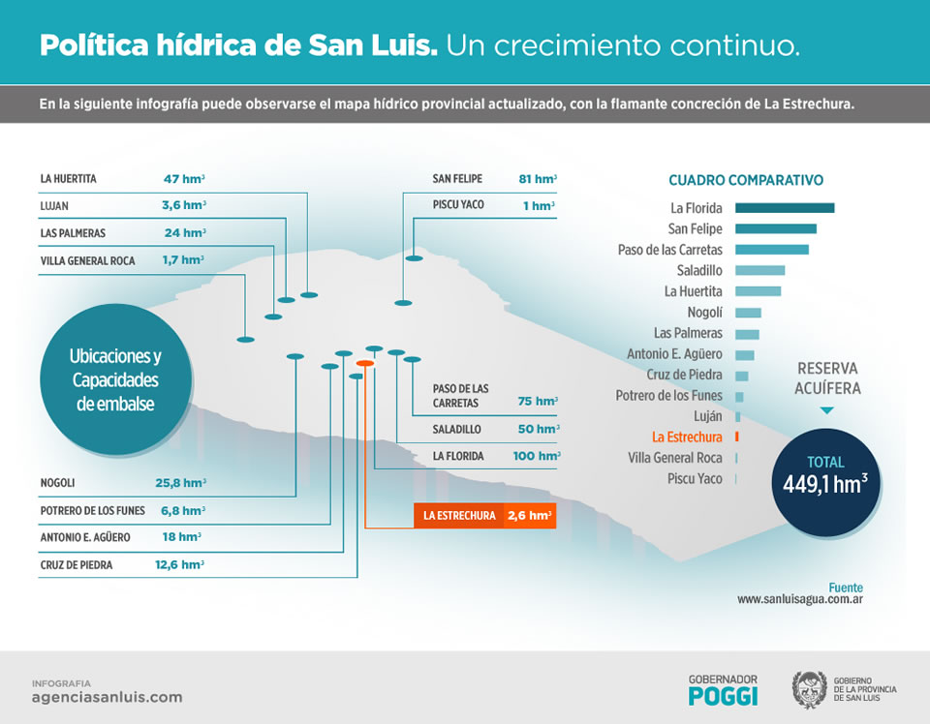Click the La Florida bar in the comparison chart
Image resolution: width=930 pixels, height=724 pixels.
coord(784,208)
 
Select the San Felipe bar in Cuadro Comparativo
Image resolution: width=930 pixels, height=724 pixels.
coord(775,229)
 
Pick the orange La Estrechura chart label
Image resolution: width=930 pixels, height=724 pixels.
coord(687,437)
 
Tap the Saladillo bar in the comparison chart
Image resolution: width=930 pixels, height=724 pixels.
coord(759,271)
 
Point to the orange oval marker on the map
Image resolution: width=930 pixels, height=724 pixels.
coord(365,363)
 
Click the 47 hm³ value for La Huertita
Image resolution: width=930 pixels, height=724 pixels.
coord(184,179)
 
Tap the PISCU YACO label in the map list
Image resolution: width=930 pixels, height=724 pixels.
coord(458,205)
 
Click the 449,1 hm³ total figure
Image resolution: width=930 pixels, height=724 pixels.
coord(824,484)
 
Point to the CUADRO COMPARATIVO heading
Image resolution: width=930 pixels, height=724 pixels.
coord(746,181)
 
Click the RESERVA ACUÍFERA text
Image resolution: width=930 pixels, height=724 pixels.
coord(828,378)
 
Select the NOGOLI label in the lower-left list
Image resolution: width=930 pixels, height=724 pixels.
coord(58,483)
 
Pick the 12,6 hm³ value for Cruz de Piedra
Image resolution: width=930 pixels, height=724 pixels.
coord(179,564)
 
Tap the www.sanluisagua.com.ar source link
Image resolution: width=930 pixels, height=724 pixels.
coord(799,600)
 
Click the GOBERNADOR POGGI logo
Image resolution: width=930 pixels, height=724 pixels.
coord(723,690)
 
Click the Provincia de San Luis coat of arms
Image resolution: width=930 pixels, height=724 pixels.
coord(809,689)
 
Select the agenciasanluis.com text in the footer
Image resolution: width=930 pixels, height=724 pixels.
coord(107,697)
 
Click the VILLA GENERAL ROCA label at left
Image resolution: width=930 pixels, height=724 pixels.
coord(88,261)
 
